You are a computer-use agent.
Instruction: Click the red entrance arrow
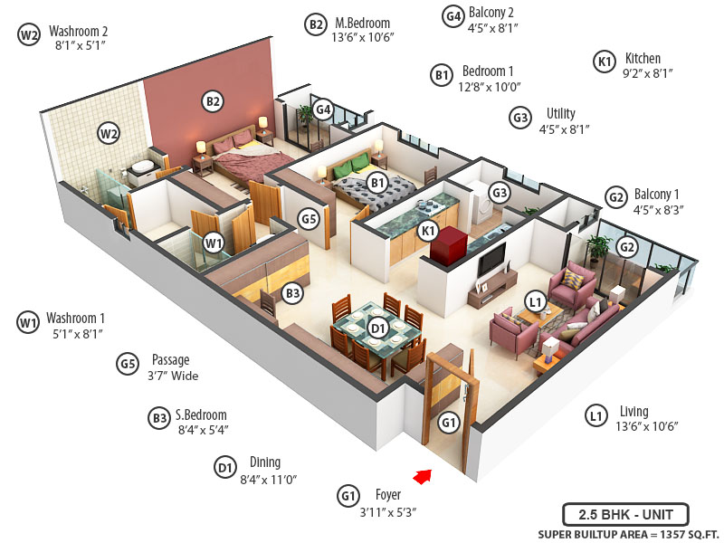pyautogui.click(x=422, y=476)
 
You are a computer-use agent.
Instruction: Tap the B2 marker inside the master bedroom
pyautogui.click(x=213, y=101)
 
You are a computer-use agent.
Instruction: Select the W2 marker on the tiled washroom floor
pyautogui.click(x=109, y=135)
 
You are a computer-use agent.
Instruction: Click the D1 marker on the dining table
pyautogui.click(x=378, y=328)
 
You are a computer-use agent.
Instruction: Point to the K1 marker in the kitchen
pyautogui.click(x=428, y=231)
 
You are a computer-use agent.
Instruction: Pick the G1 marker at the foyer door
pyautogui.click(x=449, y=422)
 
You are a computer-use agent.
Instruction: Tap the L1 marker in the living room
pyautogui.click(x=535, y=302)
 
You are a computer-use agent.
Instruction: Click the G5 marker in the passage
pyautogui.click(x=310, y=218)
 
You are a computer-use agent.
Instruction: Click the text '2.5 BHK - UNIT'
pyautogui.click(x=625, y=514)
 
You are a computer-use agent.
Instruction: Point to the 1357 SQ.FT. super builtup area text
pyautogui.click(x=669, y=533)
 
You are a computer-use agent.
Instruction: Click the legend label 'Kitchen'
pyautogui.click(x=643, y=59)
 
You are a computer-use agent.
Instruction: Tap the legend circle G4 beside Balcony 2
pyautogui.click(x=453, y=15)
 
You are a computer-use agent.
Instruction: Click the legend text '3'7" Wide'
pyautogui.click(x=172, y=376)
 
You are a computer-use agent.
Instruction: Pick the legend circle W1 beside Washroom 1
pyautogui.click(x=28, y=321)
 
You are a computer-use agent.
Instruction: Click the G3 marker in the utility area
pyautogui.click(x=499, y=193)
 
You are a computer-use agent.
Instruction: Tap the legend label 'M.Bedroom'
pyautogui.click(x=362, y=23)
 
